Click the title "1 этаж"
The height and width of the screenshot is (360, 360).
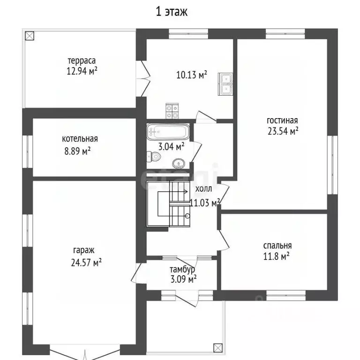(x=172, y=12)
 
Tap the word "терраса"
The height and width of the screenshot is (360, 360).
(x=82, y=61)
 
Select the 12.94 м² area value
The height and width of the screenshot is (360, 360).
(x=82, y=71)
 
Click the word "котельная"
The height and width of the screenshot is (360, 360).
(x=80, y=139)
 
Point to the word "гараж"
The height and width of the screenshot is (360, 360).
(x=83, y=250)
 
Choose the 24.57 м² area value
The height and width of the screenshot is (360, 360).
(x=86, y=262)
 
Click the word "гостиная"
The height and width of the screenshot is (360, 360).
(x=282, y=120)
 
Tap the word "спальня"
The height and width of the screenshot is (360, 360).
(x=277, y=246)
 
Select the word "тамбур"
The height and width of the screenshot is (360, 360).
(x=182, y=270)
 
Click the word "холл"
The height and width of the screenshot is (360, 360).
(x=203, y=189)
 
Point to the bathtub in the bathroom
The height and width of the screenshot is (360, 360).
(x=168, y=132)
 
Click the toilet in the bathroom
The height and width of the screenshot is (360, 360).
(x=154, y=157)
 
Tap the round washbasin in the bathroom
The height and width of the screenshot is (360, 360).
(x=179, y=164)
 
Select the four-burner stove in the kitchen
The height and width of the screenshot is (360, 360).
(x=172, y=111)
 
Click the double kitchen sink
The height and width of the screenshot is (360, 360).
(x=225, y=84)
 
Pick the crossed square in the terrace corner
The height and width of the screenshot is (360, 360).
(x=30, y=36)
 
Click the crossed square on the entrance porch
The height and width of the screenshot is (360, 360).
(x=218, y=348)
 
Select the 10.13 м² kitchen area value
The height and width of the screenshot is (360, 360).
(x=192, y=75)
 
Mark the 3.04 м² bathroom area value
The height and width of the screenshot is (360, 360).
(x=171, y=146)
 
